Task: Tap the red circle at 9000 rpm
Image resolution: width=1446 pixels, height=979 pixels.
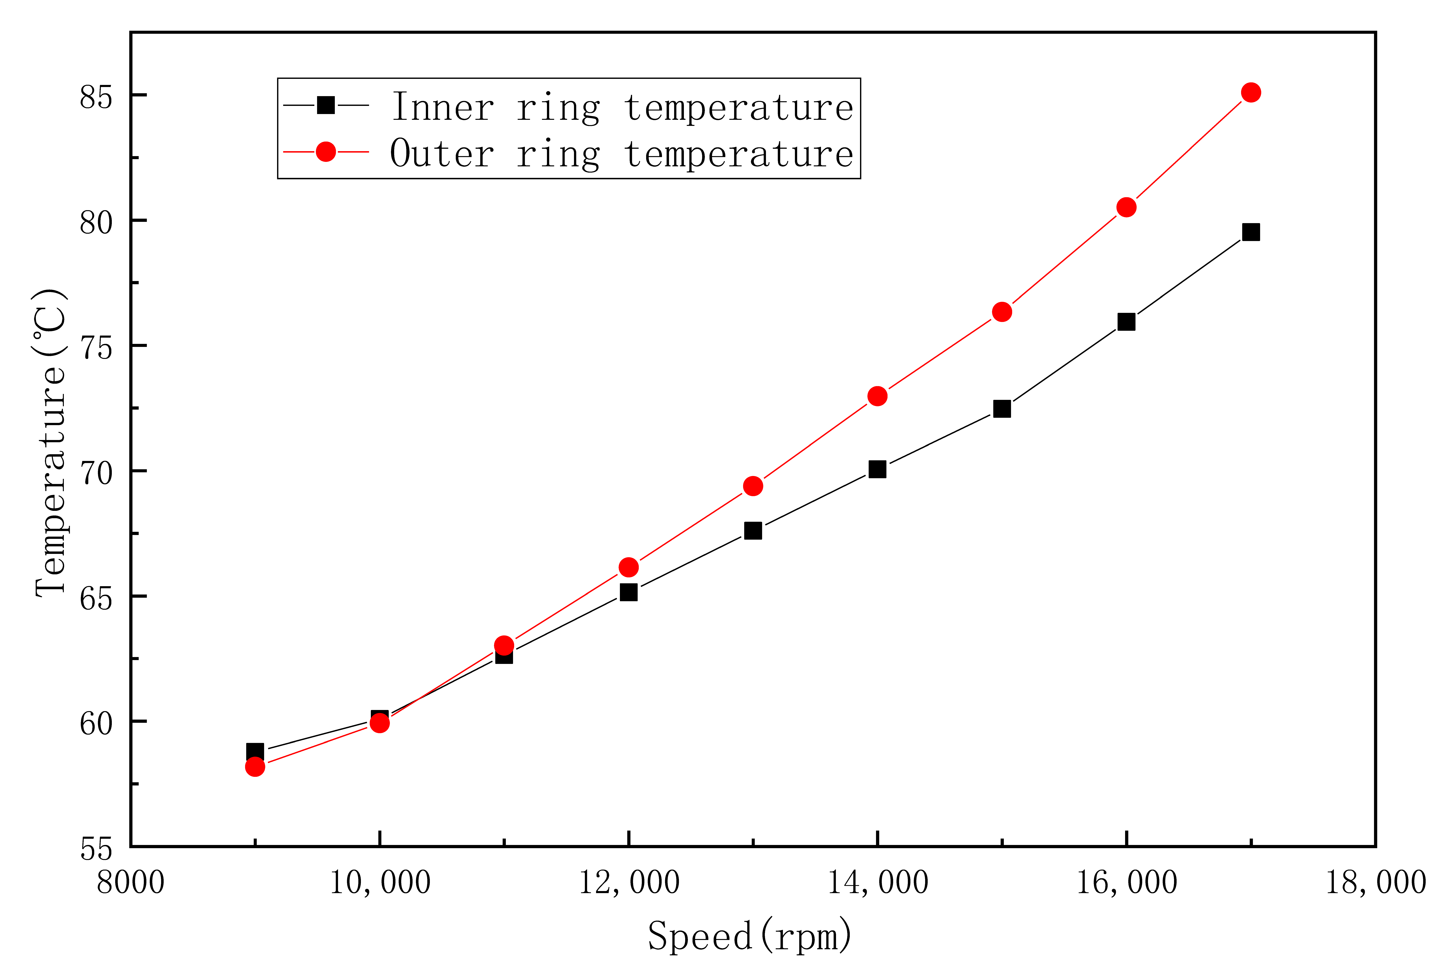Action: (255, 767)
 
